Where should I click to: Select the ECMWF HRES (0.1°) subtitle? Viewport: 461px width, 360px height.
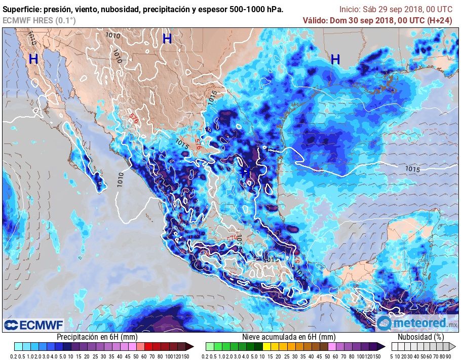39,20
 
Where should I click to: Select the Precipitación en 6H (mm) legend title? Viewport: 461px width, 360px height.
97,337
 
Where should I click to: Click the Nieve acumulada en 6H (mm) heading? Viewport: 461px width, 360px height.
289,337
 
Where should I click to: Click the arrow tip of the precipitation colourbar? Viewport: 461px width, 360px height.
191,347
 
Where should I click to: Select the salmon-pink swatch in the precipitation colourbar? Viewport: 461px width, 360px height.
131,347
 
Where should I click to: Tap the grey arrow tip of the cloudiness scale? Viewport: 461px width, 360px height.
454,347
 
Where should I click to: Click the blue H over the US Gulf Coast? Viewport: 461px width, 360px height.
335,60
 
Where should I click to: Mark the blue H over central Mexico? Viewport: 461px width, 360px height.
244,172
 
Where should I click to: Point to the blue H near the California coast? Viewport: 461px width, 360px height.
33,59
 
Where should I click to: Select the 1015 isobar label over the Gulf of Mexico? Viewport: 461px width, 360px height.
413,169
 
